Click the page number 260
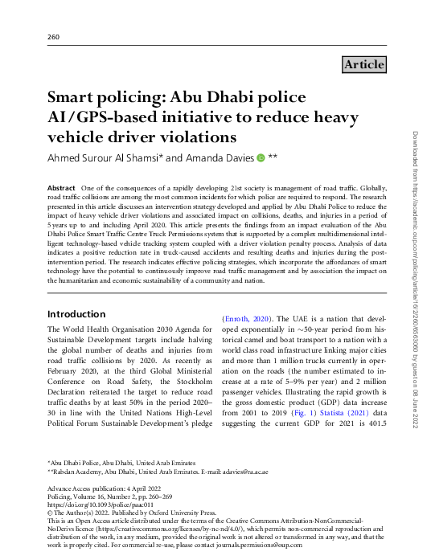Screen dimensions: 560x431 pos(54,37)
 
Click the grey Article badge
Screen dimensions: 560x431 pos(363,64)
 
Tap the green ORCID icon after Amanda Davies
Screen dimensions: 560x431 pos(260,158)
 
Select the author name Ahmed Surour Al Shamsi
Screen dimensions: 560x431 pos(105,158)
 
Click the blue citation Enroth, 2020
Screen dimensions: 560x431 pos(248,319)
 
